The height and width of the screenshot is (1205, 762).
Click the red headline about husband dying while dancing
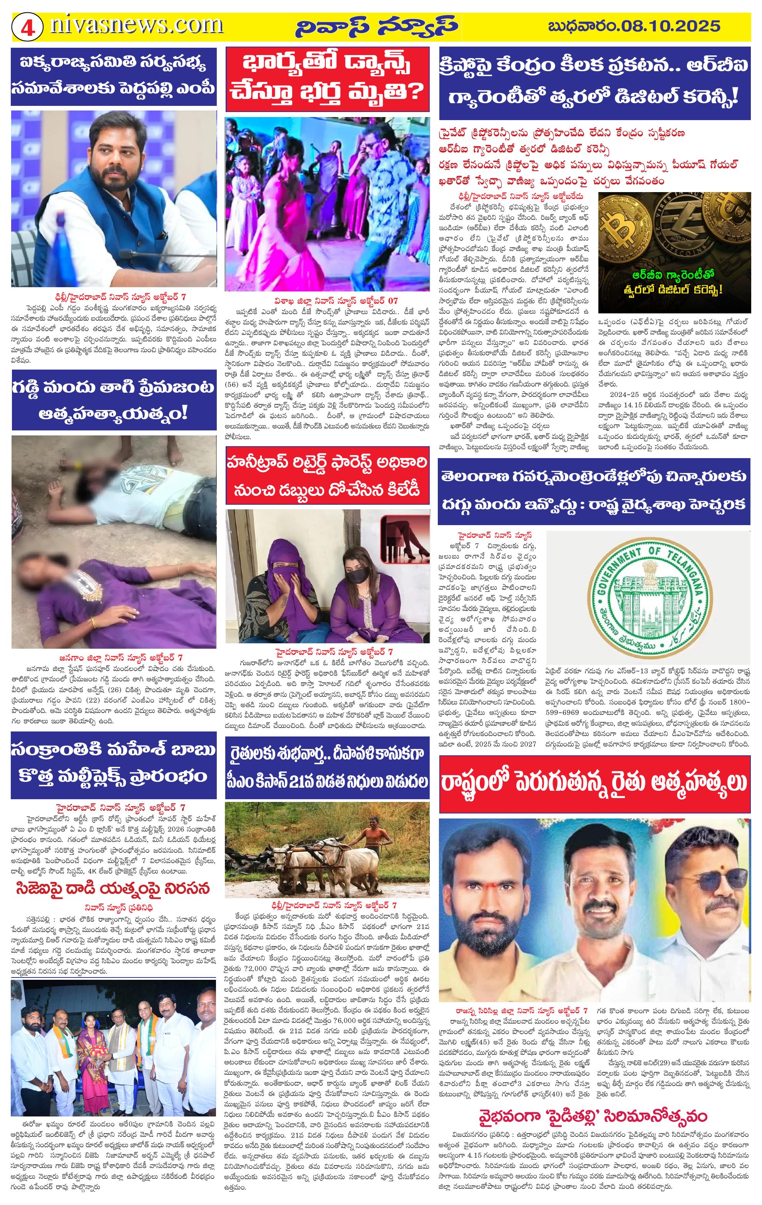327,79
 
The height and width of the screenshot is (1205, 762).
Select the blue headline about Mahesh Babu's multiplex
114,765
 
